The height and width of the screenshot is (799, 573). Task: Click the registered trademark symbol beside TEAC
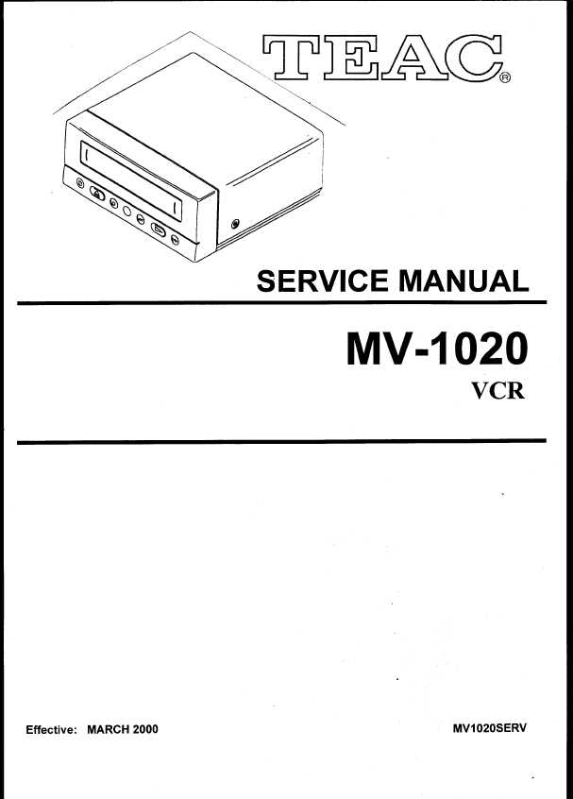505,78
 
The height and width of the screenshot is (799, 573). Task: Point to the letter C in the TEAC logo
473,57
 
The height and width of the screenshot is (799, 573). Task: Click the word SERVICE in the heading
323,280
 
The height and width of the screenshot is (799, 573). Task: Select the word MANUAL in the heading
463,280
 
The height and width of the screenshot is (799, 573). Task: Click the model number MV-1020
436,348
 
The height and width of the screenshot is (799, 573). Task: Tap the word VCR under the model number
497,391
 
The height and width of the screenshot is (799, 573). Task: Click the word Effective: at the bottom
51,729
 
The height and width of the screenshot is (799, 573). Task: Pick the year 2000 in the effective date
145,729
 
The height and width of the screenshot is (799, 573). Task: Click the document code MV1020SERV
490,728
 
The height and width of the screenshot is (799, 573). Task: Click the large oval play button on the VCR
159,230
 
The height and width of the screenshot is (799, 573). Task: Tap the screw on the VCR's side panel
235,223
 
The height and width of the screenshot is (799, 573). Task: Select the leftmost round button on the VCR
80,182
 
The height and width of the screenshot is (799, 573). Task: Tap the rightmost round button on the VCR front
175,240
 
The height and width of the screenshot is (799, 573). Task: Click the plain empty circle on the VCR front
126,211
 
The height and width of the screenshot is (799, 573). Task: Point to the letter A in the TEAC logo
413,57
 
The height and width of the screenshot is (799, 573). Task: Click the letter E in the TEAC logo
351,57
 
